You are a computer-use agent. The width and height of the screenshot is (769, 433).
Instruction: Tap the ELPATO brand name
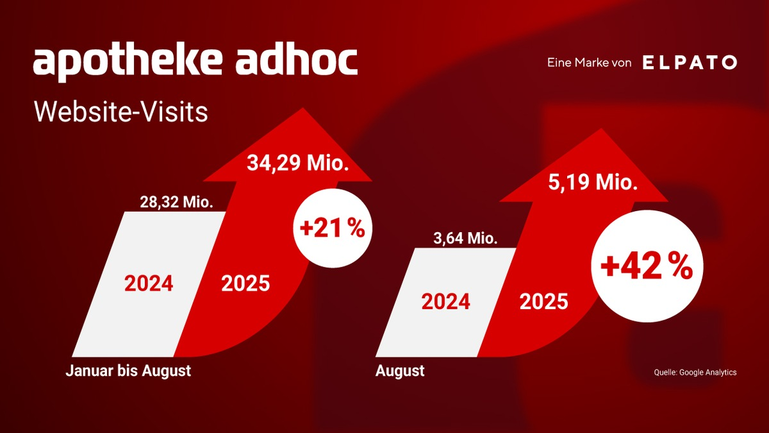[689, 63]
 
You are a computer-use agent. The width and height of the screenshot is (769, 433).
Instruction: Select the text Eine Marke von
[589, 63]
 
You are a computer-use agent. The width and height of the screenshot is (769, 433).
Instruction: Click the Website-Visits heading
[121, 112]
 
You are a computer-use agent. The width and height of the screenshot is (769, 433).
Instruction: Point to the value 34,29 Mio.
[298, 164]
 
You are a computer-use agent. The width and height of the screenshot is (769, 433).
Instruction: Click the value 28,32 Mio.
[176, 203]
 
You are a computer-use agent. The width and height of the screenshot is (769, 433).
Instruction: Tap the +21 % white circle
[333, 229]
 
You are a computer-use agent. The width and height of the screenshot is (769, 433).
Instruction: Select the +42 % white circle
[646, 266]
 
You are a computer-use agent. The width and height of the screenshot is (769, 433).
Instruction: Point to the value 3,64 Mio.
[465, 239]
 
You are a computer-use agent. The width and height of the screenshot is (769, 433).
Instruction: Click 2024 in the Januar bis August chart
[149, 284]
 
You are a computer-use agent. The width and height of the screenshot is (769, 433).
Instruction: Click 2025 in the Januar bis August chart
[245, 284]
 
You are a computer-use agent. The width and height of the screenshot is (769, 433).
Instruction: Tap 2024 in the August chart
[445, 301]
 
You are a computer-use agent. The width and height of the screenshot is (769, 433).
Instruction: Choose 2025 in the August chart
[543, 301]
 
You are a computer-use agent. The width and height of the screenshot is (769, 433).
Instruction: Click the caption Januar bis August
[128, 371]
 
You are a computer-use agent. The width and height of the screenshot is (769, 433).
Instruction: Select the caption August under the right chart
[400, 371]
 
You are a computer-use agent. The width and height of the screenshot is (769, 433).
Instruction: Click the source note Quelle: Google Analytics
[695, 372]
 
